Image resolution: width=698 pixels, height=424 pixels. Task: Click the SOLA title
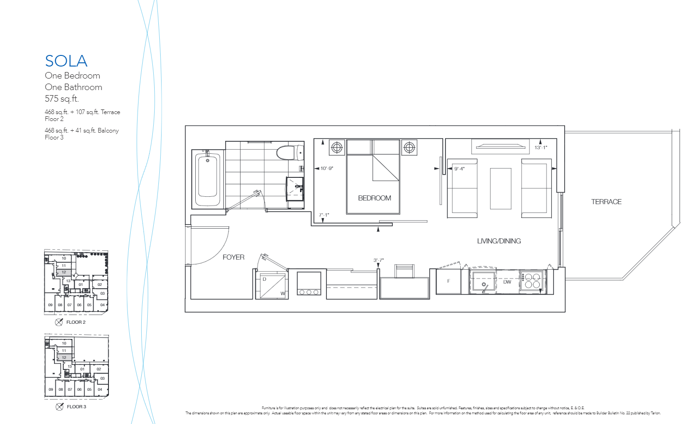pyautogui.click(x=66, y=61)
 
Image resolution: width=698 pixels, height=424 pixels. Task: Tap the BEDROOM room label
pyautogui.click(x=374, y=198)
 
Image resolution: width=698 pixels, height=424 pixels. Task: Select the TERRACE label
pyautogui.click(x=606, y=202)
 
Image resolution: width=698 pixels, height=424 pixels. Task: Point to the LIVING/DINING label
pyautogui.click(x=499, y=241)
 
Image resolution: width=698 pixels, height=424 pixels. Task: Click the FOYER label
pyautogui.click(x=233, y=257)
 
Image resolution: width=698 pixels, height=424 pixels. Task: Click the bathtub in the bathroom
pyautogui.click(x=208, y=178)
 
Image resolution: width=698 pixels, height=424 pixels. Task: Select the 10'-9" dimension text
pyautogui.click(x=326, y=169)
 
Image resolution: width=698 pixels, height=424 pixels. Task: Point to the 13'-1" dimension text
pyautogui.click(x=541, y=148)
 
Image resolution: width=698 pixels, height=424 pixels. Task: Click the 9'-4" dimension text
pyautogui.click(x=459, y=169)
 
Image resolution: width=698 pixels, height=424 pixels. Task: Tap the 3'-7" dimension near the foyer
pyautogui.click(x=379, y=260)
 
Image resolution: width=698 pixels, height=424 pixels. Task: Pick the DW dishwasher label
pyautogui.click(x=507, y=282)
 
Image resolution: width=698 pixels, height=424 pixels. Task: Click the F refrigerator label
pyautogui.click(x=448, y=281)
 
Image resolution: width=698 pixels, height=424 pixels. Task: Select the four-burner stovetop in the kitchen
pyautogui.click(x=532, y=281)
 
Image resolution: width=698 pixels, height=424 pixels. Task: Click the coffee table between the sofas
pyautogui.click(x=500, y=188)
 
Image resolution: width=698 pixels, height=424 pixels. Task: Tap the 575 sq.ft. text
pyautogui.click(x=62, y=99)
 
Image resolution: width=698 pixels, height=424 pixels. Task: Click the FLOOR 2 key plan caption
pyautogui.click(x=76, y=322)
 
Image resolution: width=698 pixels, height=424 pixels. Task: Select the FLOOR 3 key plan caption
pyautogui.click(x=76, y=407)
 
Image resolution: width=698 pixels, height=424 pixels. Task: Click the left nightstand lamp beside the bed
pyautogui.click(x=337, y=147)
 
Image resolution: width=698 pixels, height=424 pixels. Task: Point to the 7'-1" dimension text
pyautogui.click(x=324, y=215)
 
